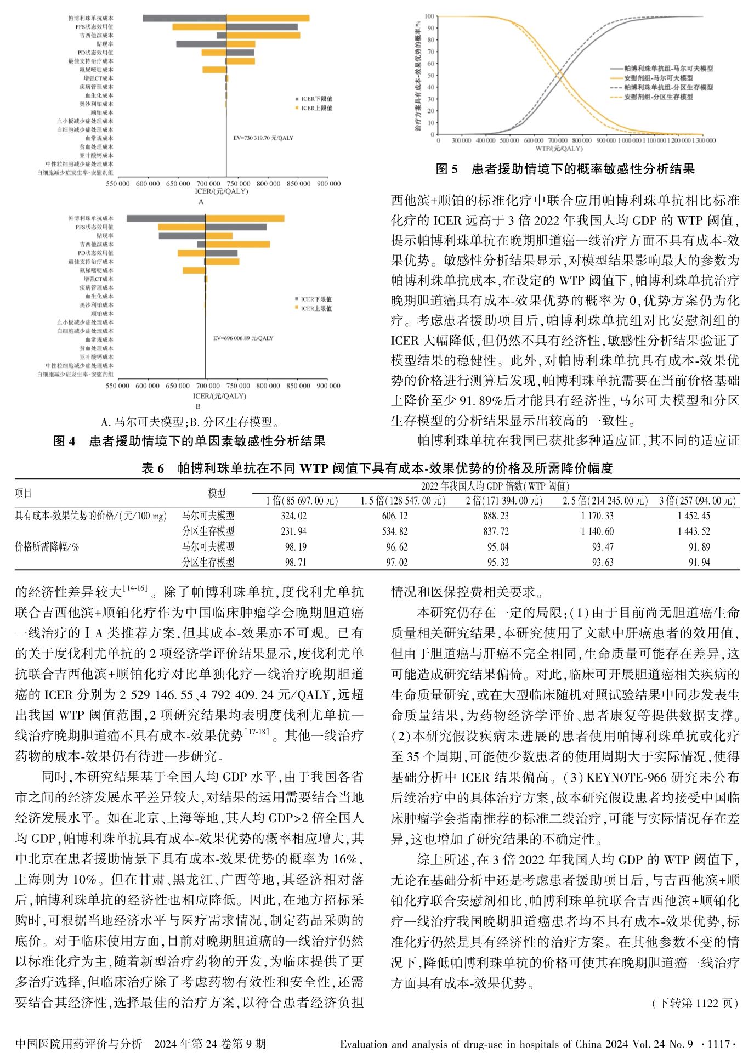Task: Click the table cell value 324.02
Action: coord(293,516)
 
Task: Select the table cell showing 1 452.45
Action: coord(694,516)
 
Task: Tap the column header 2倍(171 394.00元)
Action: coord(504,500)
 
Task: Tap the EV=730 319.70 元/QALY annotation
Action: coord(263,138)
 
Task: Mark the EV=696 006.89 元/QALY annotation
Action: coord(243,338)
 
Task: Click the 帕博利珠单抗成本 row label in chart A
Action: coord(90,18)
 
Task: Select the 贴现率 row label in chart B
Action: coord(105,236)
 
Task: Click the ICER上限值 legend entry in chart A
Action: coord(316,108)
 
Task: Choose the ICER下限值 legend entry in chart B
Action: coord(316,299)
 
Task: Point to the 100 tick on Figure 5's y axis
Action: coord(429,16)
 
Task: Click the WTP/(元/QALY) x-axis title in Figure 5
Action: coord(559,149)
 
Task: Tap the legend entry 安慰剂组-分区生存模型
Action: coord(659,97)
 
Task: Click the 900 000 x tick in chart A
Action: coord(328,184)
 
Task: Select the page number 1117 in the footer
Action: coord(718,1044)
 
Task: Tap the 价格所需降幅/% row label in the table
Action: coord(47,547)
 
